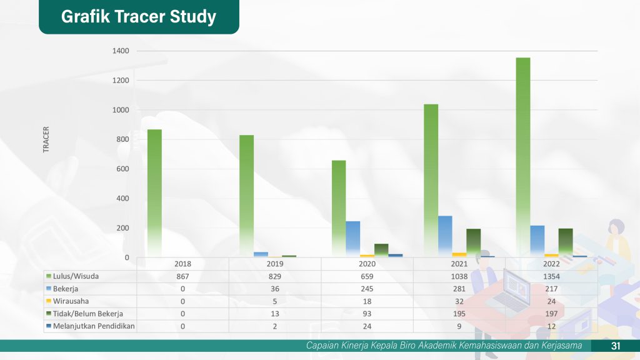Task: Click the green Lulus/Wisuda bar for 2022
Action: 523,157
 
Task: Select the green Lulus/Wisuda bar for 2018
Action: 154,193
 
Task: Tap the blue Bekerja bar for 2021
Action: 445,236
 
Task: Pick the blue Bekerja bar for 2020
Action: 352,239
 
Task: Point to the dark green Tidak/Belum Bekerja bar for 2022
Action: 565,242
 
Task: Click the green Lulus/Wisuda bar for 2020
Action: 339,209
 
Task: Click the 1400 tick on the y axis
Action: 121,51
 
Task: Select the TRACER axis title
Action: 46,139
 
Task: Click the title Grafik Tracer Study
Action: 139,17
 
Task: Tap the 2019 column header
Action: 275,264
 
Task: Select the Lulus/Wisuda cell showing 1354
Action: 551,276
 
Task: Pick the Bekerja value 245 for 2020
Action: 367,289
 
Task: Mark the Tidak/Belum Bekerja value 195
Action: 459,314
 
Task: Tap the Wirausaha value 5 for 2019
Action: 275,301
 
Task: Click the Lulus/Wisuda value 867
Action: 182,276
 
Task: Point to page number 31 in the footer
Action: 616,346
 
